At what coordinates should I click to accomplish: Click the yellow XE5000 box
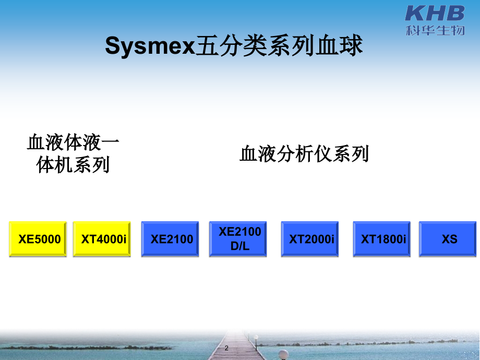[x=38, y=239]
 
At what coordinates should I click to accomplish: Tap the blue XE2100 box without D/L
[x=170, y=239]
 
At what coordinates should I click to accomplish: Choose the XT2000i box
[x=310, y=239]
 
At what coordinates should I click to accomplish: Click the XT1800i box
[x=382, y=239]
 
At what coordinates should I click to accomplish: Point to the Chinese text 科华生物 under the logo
[x=435, y=30]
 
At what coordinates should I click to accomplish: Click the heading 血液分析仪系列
[x=304, y=154]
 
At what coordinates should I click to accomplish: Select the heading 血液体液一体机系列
[x=73, y=154]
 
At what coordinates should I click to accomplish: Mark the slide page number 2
[x=226, y=347]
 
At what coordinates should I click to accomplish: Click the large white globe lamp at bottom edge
[x=283, y=354]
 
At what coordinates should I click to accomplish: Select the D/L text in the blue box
[x=240, y=247]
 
